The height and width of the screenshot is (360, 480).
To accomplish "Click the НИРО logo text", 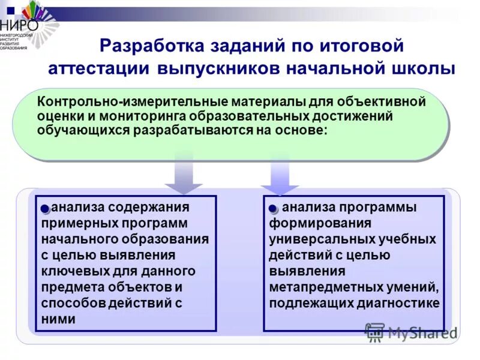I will pos(20,25).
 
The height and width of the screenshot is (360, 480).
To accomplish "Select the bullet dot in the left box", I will pos(46,208).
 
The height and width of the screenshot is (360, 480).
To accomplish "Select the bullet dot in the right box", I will pos(273,208).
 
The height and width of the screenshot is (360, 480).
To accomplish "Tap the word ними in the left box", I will pos(58,319).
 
